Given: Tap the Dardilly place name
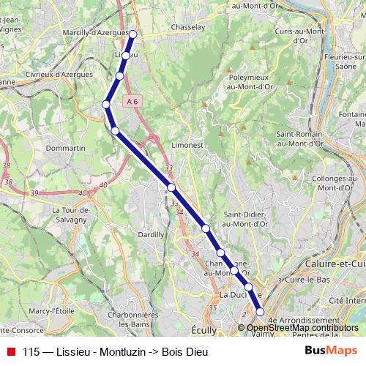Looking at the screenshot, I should (x=151, y=235).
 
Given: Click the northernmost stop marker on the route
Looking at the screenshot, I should (x=133, y=34).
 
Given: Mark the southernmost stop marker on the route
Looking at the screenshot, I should (x=260, y=313).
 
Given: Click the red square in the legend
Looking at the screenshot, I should (x=10, y=351).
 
